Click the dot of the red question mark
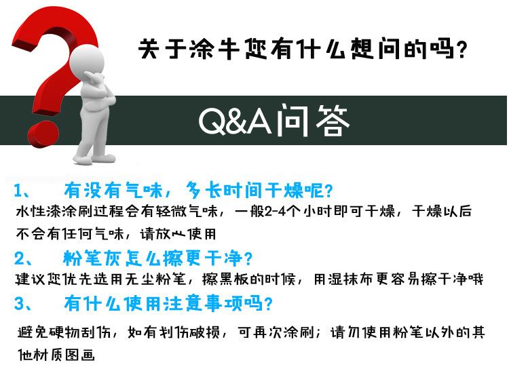(x=43, y=134)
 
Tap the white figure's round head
(x=87, y=60)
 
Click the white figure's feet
(x=94, y=159)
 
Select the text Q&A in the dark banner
(x=235, y=121)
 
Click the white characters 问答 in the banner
(x=314, y=121)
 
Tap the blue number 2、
(x=22, y=258)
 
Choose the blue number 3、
(x=22, y=304)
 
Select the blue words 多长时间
(x=225, y=190)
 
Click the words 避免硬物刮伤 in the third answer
(x=64, y=332)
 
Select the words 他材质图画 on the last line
(x=56, y=355)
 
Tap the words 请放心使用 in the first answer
(x=178, y=233)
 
